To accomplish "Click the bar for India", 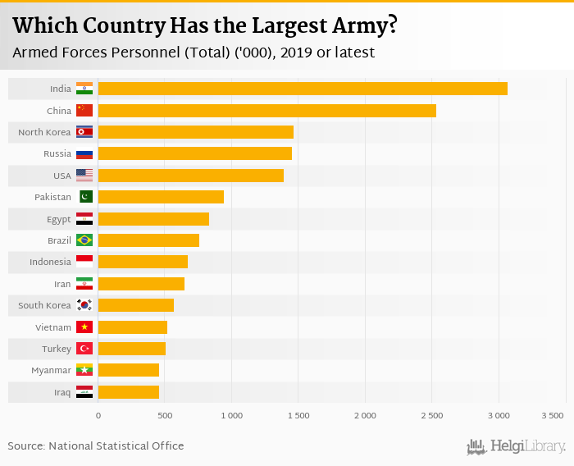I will coord(302,89).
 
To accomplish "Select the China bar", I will coord(266,110).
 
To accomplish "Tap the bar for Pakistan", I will coord(161,197).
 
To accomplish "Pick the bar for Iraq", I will coord(128,392).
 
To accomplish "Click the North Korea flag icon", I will coord(84,132).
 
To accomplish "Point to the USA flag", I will coord(84,176).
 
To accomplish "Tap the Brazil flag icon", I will coord(84,240).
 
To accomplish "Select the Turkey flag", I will coord(84,349).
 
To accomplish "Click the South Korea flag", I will coord(84,305).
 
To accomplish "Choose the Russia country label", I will coord(57,153).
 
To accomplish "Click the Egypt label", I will coord(58,219).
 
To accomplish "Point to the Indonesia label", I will coord(49,263).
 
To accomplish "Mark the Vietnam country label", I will coord(53,327).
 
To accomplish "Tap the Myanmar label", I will coord(51,371).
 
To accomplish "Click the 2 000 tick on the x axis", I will coord(365,416).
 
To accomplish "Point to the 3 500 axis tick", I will coord(552,416).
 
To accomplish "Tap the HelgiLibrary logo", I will coord(517,447).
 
